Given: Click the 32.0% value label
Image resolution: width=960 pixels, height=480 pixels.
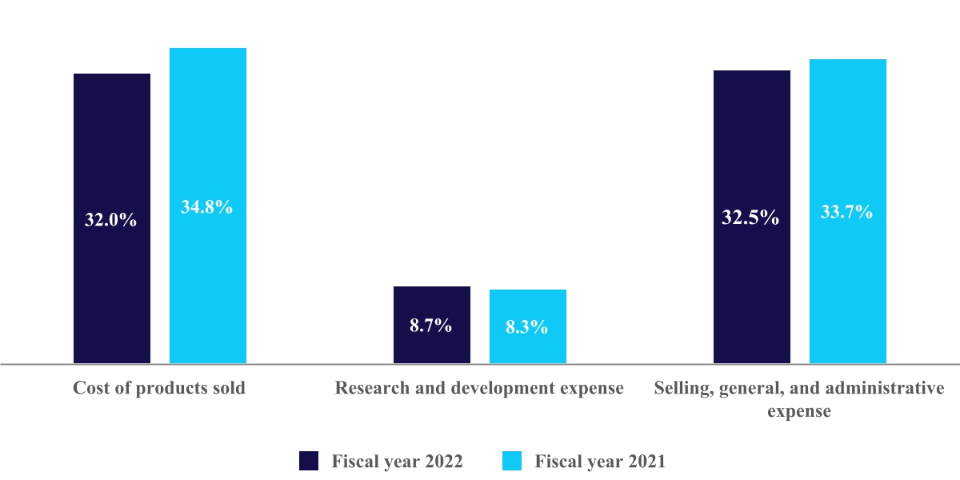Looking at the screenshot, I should pos(111,220).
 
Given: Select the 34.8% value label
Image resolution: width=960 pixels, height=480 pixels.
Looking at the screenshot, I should pos(207,207).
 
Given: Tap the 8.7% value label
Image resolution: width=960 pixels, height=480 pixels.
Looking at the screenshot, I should pos(431,326).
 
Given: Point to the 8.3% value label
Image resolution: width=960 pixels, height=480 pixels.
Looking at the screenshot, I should pos(527,327).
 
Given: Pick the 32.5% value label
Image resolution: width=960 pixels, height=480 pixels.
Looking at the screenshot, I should pos(750,218).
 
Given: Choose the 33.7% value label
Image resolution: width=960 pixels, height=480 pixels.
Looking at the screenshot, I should pos(847,212).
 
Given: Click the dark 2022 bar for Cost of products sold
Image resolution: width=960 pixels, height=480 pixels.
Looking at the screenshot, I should pos(112,144).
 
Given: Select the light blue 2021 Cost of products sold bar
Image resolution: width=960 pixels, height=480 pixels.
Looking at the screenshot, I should pos(208,128).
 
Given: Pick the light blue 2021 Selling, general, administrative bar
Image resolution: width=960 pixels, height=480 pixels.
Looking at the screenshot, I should pos(848,136).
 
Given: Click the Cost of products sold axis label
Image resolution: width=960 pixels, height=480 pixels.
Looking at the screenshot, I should pos(159,389).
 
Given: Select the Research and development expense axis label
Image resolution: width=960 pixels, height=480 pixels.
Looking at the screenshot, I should pos(479,389).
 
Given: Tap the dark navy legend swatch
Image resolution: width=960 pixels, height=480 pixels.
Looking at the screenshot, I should pos(310,461).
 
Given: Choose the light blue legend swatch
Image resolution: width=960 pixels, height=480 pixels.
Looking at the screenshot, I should pos(512,461).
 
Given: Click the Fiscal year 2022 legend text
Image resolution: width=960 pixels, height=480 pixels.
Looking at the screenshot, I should pos(397,462).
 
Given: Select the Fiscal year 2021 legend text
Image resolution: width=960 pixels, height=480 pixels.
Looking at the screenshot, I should pos(600,462).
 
